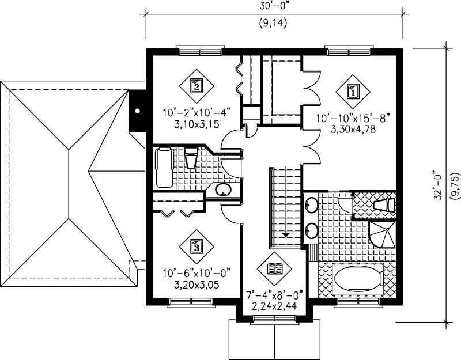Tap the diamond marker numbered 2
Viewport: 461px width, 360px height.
click(197, 87)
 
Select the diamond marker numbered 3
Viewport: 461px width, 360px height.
click(197, 247)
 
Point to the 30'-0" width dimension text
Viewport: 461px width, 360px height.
click(273, 7)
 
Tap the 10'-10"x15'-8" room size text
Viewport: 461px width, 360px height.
click(353, 119)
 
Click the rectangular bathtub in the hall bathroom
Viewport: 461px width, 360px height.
click(164, 168)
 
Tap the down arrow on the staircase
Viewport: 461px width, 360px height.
click(286, 234)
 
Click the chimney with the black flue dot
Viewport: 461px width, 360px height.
click(138, 111)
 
